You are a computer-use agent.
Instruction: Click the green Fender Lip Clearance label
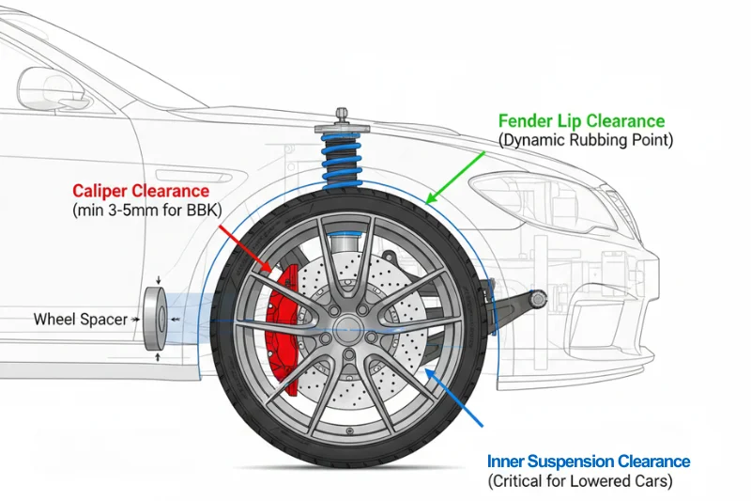(x=581, y=121)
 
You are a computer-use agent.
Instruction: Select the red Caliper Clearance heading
(x=141, y=192)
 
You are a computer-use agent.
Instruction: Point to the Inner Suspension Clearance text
(x=589, y=462)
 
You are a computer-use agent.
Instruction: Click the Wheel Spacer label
(x=80, y=320)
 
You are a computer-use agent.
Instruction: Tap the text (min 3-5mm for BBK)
(x=146, y=211)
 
